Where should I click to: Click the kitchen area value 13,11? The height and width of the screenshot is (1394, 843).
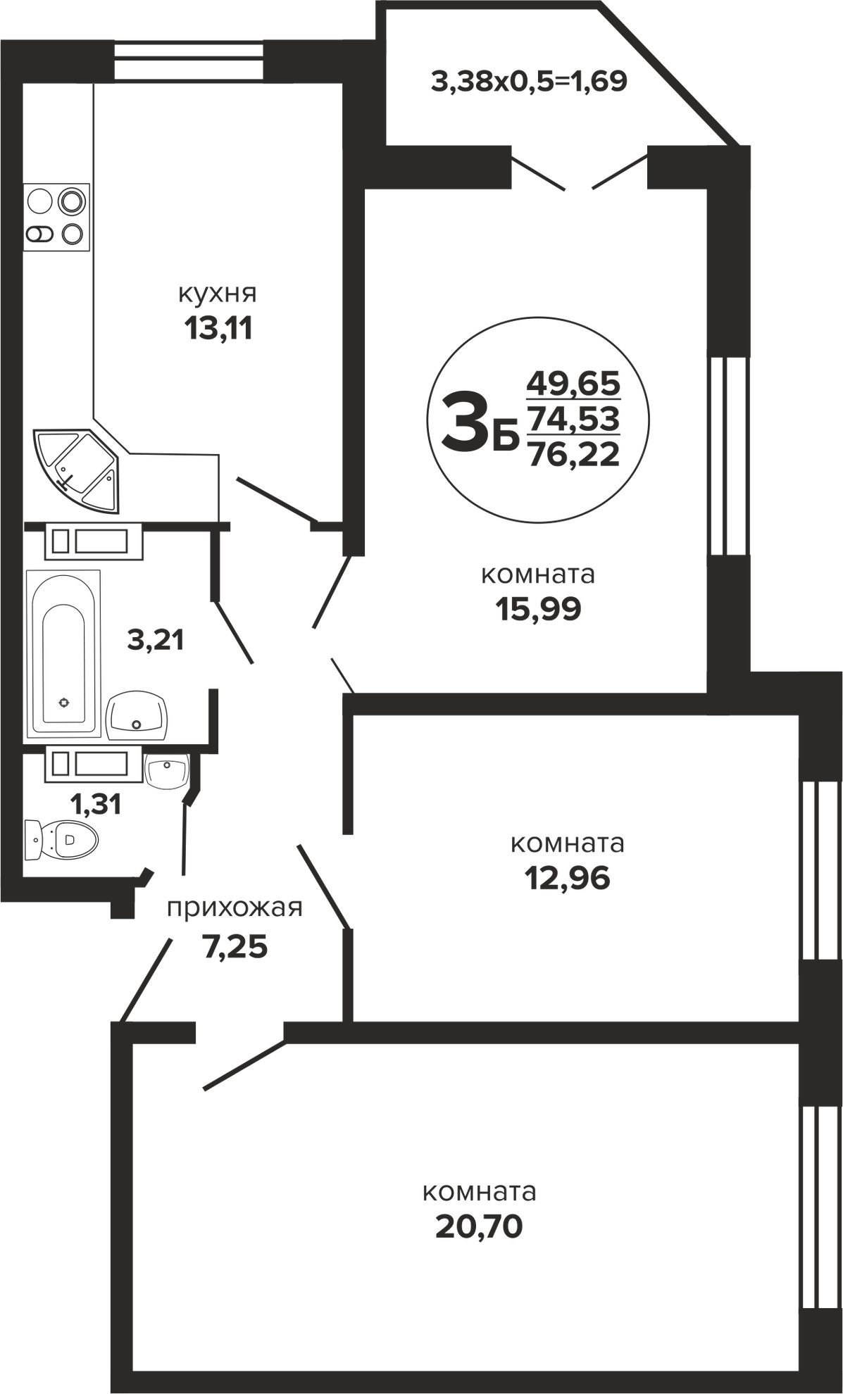tap(218, 327)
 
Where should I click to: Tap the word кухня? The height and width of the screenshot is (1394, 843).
tap(218, 293)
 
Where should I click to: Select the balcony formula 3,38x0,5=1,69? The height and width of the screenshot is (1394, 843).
tap(529, 82)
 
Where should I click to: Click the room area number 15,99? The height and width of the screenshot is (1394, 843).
tap(538, 609)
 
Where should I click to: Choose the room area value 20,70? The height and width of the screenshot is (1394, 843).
tap(480, 1226)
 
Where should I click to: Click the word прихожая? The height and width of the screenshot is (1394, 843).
tap(235, 908)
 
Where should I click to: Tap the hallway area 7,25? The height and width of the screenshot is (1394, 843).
tap(235, 947)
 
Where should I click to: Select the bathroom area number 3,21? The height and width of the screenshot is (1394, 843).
tap(156, 640)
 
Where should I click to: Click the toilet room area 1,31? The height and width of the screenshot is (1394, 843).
tap(96, 803)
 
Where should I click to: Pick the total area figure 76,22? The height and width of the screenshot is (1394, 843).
tap(573, 454)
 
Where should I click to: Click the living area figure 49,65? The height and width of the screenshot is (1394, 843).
tap(573, 384)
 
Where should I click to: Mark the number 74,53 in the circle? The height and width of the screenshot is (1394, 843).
tap(573, 420)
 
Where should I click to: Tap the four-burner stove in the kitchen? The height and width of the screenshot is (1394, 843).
tap(57, 217)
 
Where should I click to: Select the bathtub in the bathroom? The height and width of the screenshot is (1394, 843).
tap(63, 655)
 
